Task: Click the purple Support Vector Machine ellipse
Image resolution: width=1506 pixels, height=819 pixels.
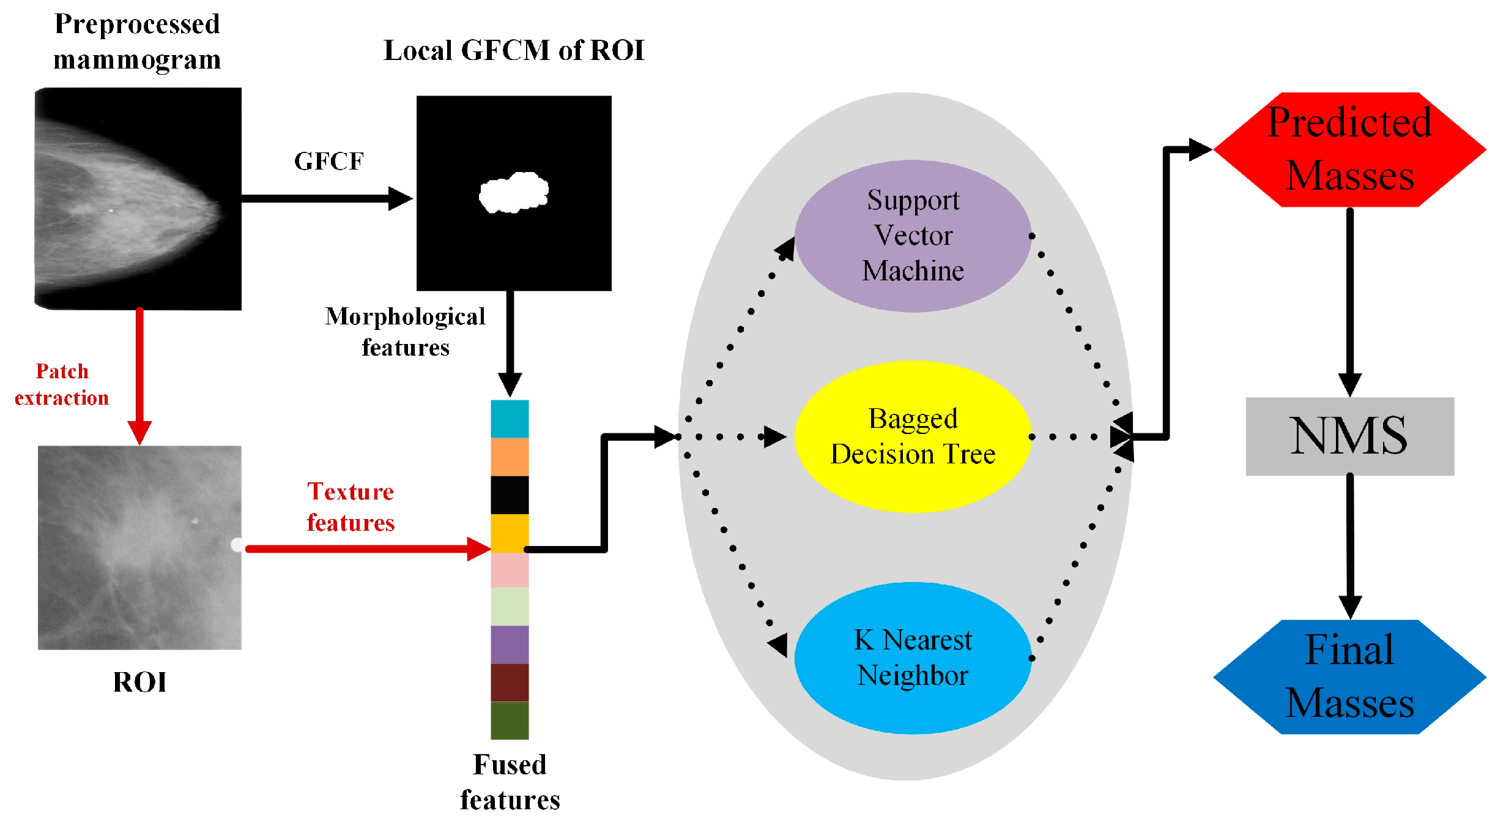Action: [913, 236]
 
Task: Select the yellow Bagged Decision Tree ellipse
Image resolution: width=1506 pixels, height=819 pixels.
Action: [913, 436]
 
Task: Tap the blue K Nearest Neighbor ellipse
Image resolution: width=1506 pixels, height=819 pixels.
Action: [913, 658]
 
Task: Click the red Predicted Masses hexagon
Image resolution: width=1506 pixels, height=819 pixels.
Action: [1349, 149]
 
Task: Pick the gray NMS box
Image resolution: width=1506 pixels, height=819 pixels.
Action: [1349, 436]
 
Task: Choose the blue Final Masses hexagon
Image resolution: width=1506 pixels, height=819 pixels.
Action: [1349, 677]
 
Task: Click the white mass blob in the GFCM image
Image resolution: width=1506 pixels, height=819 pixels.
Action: [514, 193]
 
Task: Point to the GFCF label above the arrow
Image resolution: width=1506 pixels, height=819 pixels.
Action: [329, 162]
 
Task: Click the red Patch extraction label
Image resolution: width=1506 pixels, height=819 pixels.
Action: [62, 384]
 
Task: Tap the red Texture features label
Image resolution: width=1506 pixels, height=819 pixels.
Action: [351, 507]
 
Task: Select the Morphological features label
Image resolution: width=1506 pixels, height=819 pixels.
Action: [405, 332]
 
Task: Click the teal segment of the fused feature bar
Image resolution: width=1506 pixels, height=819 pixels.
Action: [510, 419]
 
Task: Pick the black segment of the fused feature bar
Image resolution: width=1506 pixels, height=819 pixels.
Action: [510, 495]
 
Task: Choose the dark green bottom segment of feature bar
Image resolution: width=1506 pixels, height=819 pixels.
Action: [510, 720]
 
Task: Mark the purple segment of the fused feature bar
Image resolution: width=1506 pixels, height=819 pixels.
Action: [510, 645]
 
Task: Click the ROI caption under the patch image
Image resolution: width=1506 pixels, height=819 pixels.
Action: [139, 682]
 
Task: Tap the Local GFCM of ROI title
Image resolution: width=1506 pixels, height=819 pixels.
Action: [514, 50]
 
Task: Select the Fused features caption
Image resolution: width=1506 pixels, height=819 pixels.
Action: [510, 782]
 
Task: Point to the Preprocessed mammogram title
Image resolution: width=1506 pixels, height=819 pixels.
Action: [137, 42]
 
